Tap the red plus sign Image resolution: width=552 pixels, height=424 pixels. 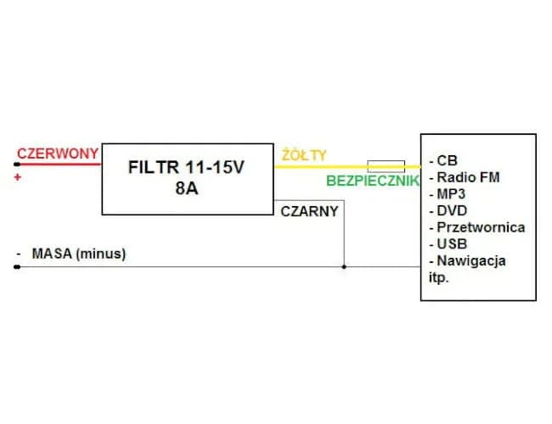click(18, 178)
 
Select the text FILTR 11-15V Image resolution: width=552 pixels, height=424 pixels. click(186, 167)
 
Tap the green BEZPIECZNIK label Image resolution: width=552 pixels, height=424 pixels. click(373, 181)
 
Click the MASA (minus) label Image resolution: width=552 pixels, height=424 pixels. click(78, 253)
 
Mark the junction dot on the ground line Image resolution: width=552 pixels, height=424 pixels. click(344, 267)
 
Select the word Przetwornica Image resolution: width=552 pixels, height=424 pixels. click(480, 227)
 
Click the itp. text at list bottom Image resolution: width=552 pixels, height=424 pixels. click(439, 276)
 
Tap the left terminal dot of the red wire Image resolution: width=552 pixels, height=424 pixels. click(16, 165)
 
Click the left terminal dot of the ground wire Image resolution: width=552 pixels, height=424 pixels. click(16, 267)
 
